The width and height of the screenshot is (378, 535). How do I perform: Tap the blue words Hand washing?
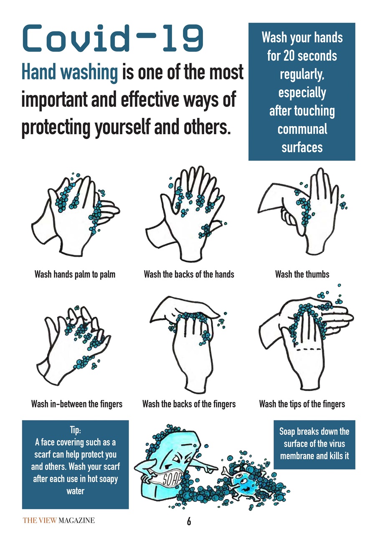point(70,72)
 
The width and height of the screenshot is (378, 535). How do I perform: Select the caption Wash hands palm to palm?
point(75,275)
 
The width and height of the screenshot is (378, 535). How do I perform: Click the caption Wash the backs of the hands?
point(189,274)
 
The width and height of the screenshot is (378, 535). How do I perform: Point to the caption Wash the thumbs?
point(302,274)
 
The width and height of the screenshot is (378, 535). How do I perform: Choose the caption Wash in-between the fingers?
point(77,404)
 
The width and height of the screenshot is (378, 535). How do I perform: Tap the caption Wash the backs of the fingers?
point(189,404)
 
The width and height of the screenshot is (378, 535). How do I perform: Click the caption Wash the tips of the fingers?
point(302,404)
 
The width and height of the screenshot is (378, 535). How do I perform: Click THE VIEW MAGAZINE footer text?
point(59,520)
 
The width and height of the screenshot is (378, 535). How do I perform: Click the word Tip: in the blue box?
point(76,430)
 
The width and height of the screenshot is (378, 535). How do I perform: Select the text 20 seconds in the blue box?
point(310,56)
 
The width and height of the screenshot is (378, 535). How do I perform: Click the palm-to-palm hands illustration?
point(76,214)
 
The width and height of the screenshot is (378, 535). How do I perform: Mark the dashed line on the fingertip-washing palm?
point(309,350)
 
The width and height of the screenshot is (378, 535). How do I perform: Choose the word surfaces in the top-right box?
point(302,148)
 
